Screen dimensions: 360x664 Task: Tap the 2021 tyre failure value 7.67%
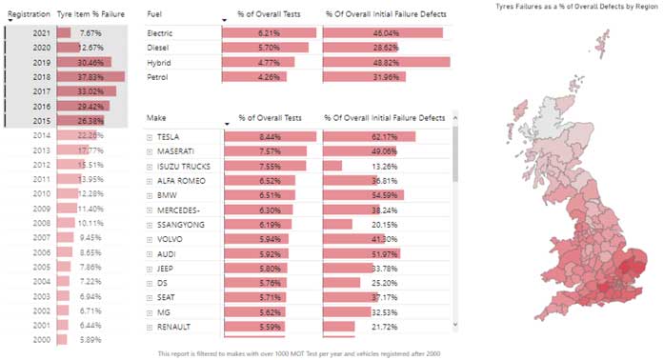(x=91, y=32)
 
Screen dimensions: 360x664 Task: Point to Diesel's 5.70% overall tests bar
(x=258, y=47)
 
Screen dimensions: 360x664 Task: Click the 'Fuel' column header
(x=155, y=15)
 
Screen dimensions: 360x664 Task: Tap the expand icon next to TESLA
(x=150, y=137)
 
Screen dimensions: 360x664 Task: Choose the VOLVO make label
(x=171, y=239)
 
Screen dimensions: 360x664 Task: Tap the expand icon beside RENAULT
(x=150, y=327)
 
